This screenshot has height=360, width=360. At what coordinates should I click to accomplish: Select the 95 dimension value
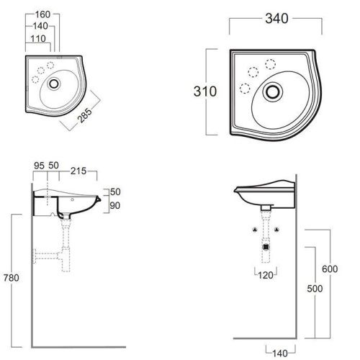pos(39,166)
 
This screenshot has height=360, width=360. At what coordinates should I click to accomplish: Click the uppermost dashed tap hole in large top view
pos(271,63)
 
